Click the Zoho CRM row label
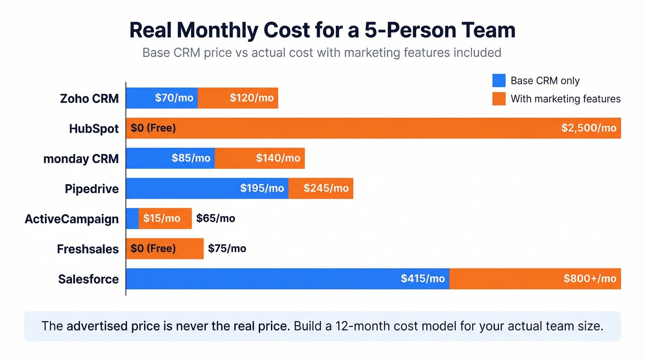(x=89, y=98)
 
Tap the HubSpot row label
(x=94, y=129)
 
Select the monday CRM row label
(x=81, y=159)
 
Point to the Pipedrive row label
(x=92, y=189)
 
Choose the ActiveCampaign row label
(x=72, y=219)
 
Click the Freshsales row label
(x=88, y=249)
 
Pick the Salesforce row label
(x=88, y=279)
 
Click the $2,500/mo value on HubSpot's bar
(x=588, y=128)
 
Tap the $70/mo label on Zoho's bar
(x=173, y=98)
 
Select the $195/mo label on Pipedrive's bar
(x=262, y=189)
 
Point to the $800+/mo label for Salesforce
(x=590, y=278)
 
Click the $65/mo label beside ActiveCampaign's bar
(x=216, y=218)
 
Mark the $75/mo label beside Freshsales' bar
(x=227, y=249)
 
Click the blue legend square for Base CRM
(x=498, y=81)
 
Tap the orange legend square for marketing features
(x=498, y=99)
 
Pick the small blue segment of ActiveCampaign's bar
(x=132, y=218)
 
